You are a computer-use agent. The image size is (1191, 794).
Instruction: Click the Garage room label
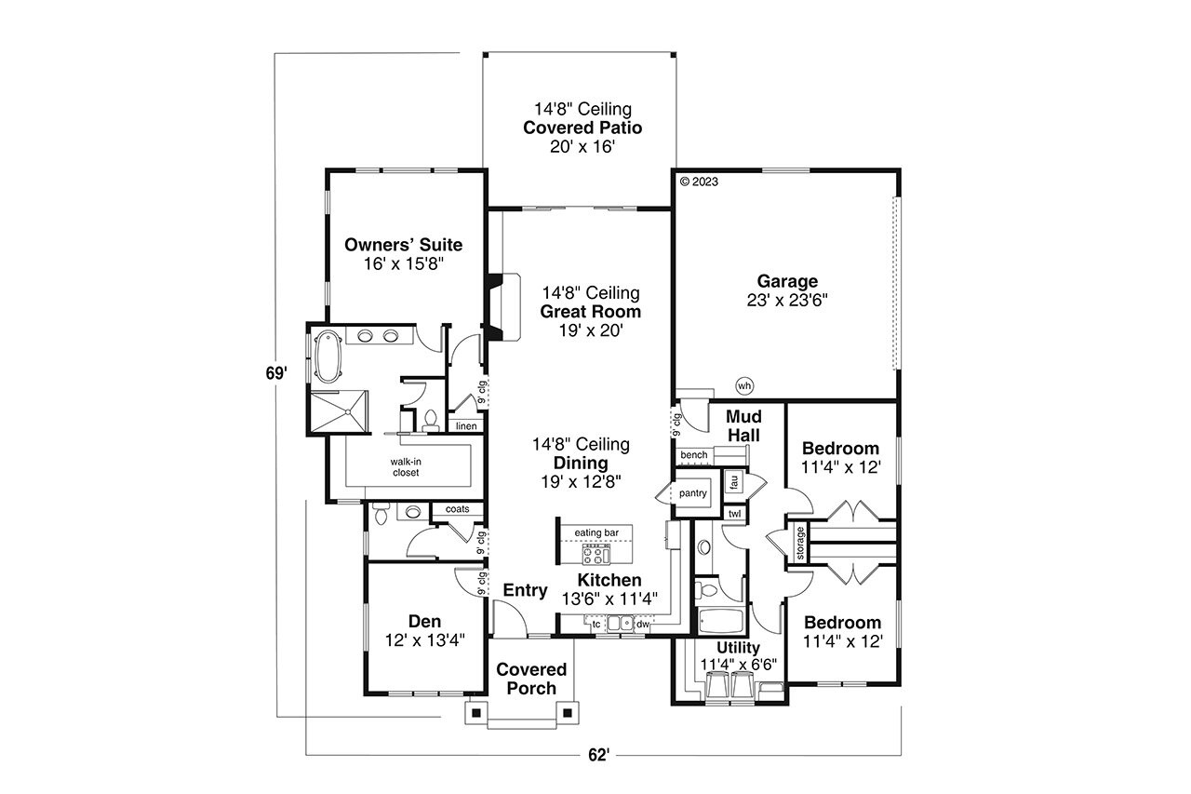786,281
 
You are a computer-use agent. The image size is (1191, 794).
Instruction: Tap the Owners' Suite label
403,246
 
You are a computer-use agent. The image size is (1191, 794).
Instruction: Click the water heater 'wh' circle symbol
743,384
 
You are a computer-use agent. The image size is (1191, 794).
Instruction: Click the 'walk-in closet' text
405,466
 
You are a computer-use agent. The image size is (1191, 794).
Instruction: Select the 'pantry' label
693,493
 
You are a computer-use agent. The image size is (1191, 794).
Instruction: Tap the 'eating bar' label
596,532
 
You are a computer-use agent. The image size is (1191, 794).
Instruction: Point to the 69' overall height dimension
273,373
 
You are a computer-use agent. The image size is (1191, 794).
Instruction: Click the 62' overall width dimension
598,755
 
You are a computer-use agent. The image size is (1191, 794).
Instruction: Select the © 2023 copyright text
700,182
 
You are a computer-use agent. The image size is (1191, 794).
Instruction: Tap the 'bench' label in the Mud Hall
694,455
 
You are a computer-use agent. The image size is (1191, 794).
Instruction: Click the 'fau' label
734,482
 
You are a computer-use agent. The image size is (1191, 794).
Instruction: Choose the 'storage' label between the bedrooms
799,544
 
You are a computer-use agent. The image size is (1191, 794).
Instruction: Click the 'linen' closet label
466,426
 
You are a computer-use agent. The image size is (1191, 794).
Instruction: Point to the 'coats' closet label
457,509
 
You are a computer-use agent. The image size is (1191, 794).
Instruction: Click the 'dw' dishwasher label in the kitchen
643,625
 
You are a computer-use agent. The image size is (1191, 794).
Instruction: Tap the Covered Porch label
531,679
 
